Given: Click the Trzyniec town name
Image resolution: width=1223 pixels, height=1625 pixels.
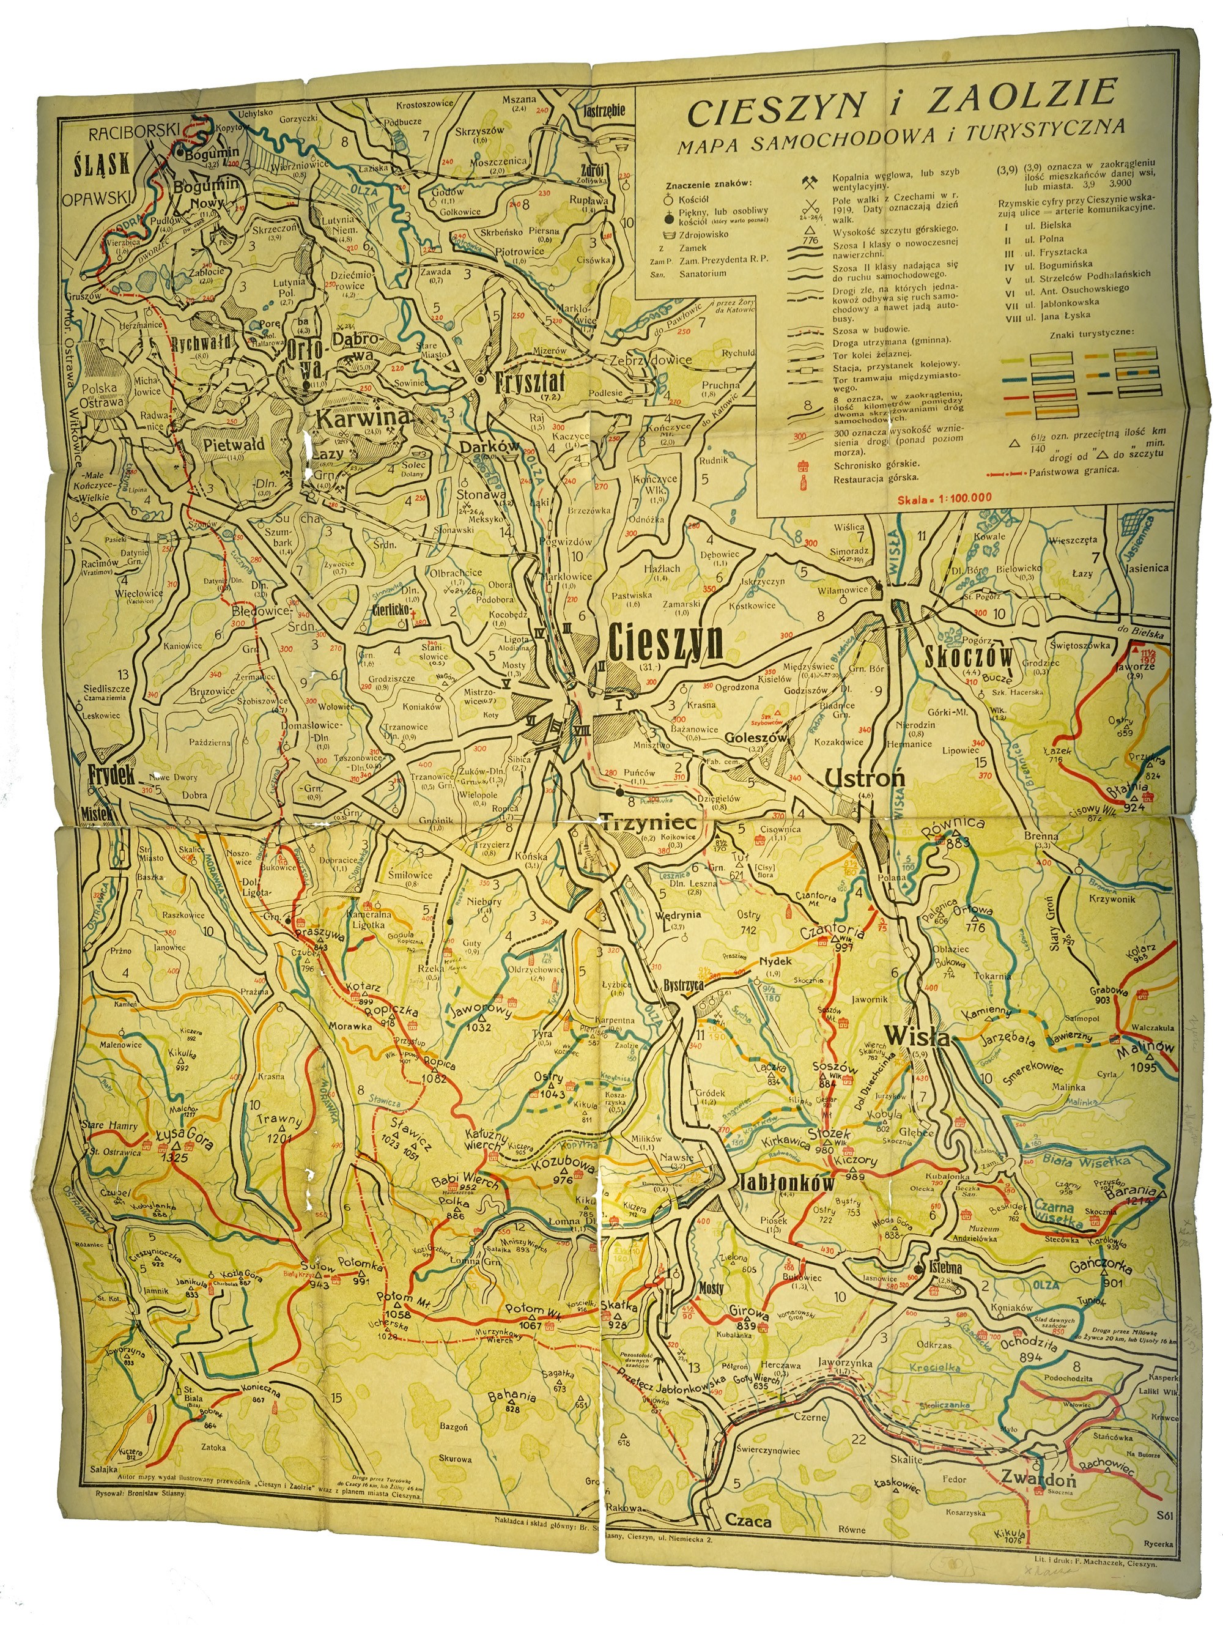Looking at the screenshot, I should click(638, 825).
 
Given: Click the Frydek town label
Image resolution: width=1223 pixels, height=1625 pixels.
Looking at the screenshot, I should click(112, 775).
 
